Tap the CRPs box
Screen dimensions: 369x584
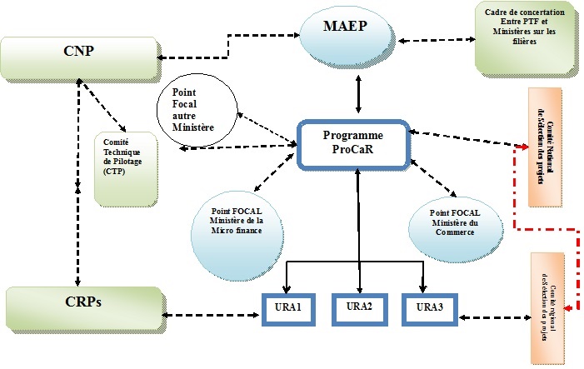[83, 307]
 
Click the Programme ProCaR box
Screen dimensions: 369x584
[355, 142]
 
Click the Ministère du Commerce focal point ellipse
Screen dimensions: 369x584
[457, 223]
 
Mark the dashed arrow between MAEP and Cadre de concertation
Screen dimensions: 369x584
[438, 39]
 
